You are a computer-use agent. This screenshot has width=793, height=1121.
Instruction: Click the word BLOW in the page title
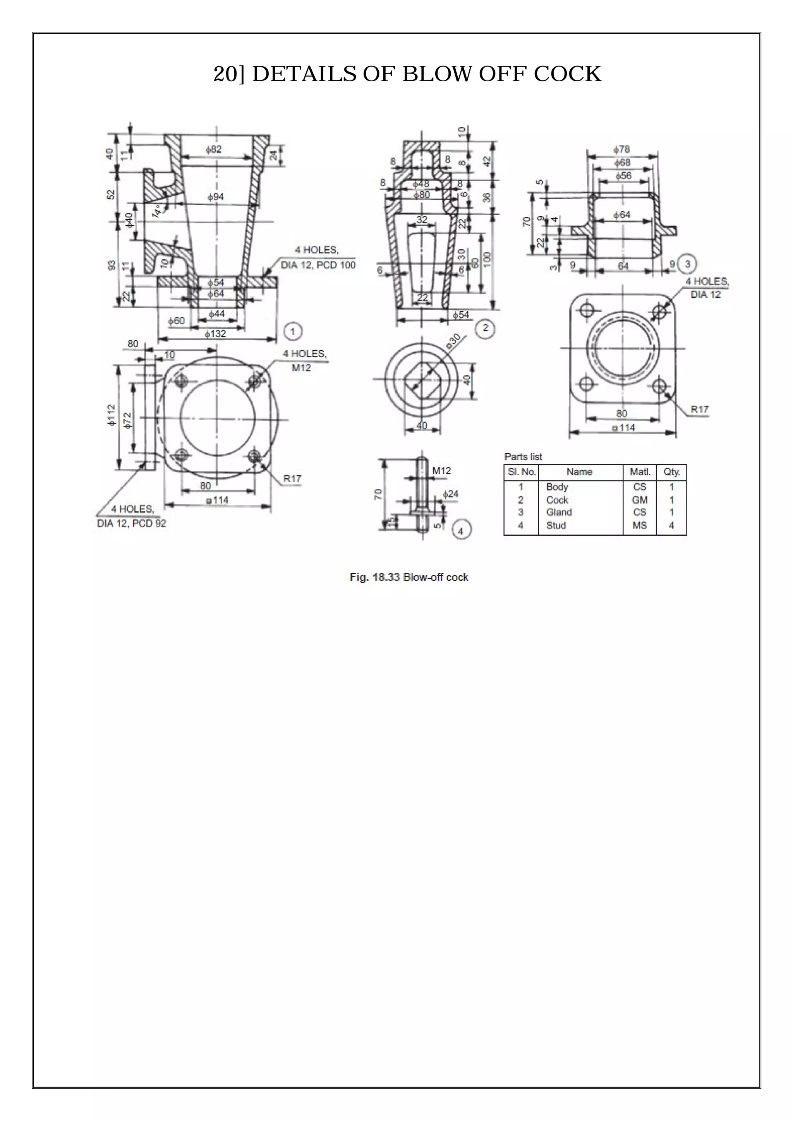436,74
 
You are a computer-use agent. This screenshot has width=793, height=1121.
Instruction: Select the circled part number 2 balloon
486,327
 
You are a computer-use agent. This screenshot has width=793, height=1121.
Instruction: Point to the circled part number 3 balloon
688,264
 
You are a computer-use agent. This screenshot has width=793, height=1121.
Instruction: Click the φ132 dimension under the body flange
215,334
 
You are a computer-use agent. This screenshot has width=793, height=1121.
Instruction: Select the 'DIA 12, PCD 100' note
318,265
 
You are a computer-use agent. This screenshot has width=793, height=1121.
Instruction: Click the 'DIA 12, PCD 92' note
132,523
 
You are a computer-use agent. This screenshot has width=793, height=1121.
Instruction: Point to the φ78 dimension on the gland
621,149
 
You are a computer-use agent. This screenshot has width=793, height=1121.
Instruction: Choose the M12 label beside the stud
442,471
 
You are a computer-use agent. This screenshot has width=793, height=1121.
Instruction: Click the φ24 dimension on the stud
451,494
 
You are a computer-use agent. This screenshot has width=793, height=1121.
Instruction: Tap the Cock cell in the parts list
557,500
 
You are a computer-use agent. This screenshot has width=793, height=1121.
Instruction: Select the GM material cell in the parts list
639,500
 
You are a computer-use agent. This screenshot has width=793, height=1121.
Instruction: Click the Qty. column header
672,472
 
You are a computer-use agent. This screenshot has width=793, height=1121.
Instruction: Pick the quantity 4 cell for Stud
671,525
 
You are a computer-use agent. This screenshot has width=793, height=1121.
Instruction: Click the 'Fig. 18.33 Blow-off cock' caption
409,577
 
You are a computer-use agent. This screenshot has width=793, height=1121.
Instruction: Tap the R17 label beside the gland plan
700,409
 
